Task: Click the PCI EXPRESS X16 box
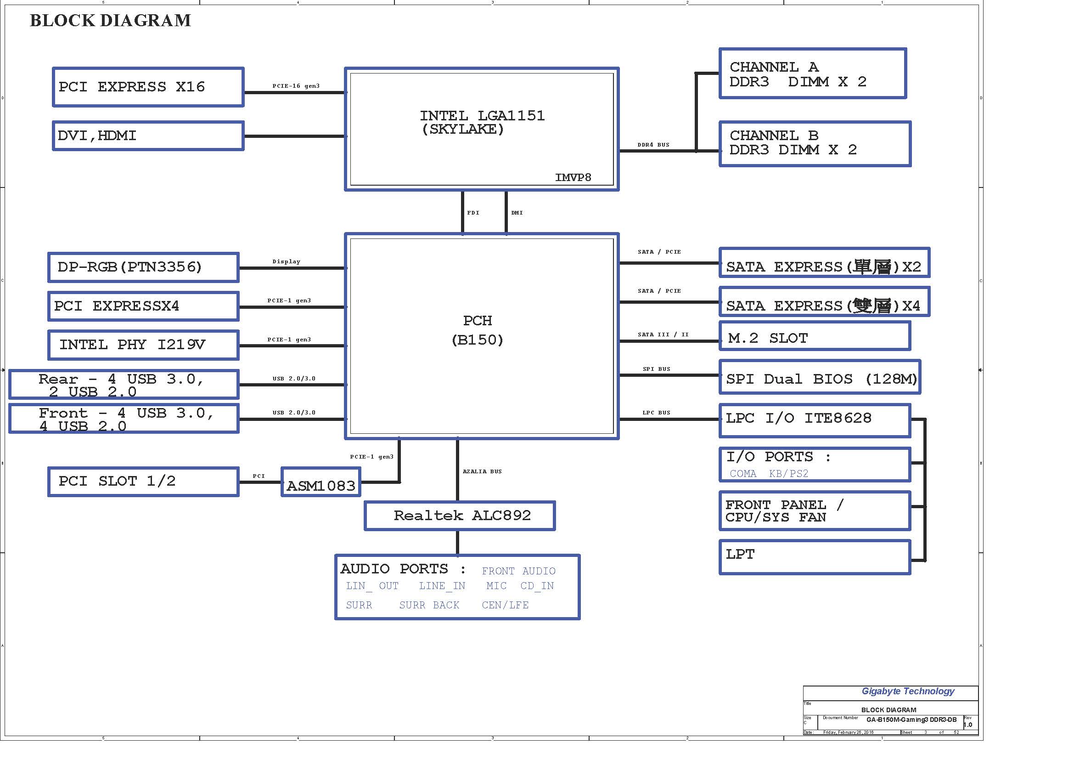click(148, 87)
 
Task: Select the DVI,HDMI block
click(148, 136)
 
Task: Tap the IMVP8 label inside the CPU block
click(573, 177)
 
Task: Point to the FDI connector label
click(473, 213)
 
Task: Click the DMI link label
click(517, 213)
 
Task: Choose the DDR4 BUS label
click(653, 145)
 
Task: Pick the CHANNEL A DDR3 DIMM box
click(813, 74)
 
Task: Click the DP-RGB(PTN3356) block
click(144, 267)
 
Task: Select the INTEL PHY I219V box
click(144, 345)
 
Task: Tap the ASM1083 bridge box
click(321, 482)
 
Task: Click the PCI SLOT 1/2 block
click(144, 482)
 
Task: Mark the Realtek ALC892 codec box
click(460, 516)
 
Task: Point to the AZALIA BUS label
click(482, 472)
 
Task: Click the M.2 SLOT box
click(815, 336)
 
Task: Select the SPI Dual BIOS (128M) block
click(820, 377)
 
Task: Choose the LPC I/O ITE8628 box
click(815, 421)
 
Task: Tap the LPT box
click(815, 557)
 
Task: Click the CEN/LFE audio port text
click(505, 605)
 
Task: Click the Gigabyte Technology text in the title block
click(908, 691)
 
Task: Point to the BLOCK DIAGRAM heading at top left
click(110, 21)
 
